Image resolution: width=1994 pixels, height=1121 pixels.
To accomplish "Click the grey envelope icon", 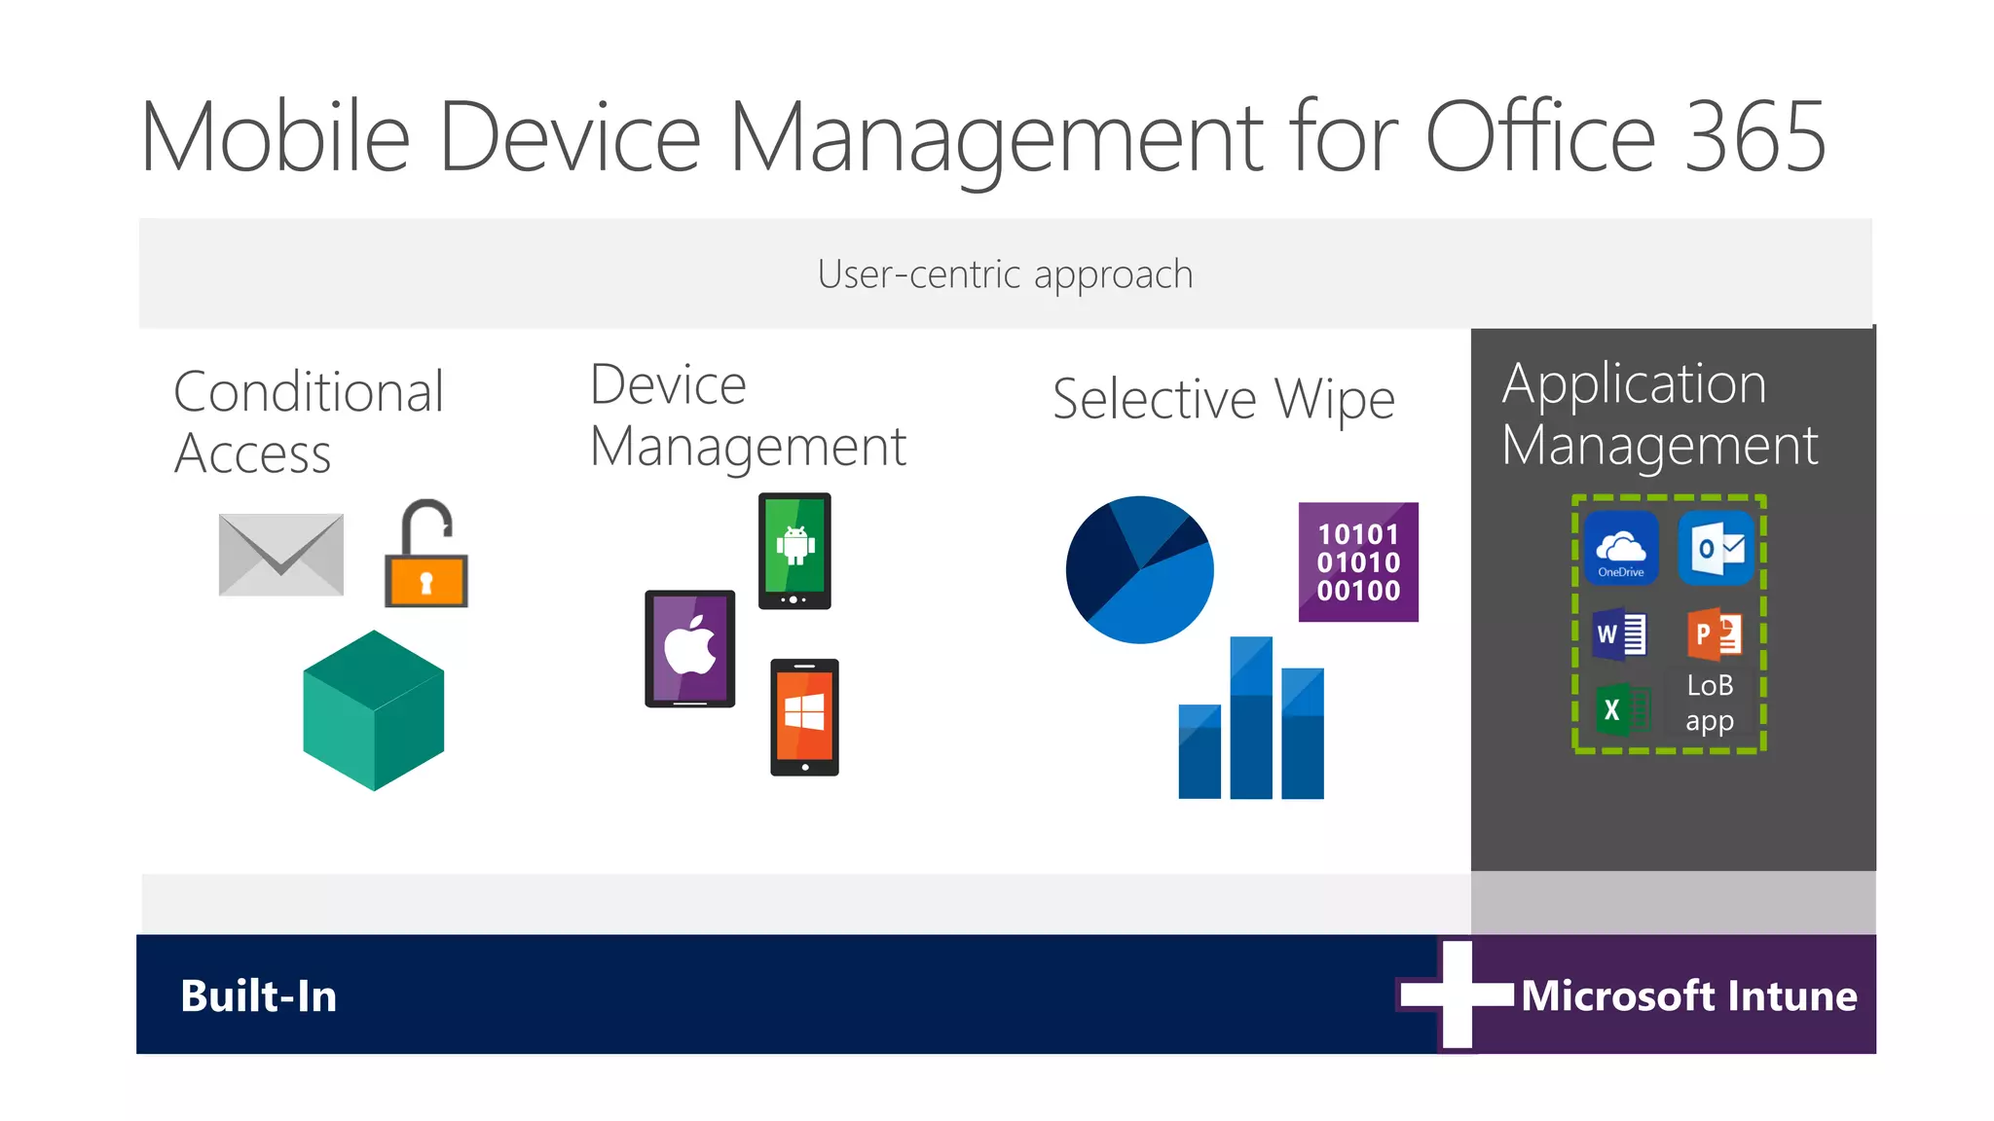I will coord(281,554).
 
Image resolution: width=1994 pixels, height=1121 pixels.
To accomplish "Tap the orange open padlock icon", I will coord(426,557).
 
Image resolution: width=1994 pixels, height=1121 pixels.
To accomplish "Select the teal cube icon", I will coord(374,710).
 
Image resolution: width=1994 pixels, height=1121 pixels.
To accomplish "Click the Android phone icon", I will coord(794,551).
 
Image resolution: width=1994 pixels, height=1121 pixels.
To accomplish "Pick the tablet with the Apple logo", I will coord(689,648).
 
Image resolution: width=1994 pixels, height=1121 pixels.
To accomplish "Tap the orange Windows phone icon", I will coord(804,717).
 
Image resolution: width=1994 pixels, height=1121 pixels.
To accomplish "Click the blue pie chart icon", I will coord(1140,570).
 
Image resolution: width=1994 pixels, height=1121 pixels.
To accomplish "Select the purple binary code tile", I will coord(1358,562).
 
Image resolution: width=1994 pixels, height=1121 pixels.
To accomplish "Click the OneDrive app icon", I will coord(1621,549).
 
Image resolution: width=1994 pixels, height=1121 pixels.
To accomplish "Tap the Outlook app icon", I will coord(1717,549).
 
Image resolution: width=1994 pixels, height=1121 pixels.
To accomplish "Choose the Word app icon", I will coord(1620,634).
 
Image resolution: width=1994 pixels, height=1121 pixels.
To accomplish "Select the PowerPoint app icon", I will coord(1714,634).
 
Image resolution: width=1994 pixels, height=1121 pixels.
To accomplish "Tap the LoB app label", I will coord(1710,703).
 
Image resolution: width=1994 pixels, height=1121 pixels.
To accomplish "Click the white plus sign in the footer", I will coord(1457,994).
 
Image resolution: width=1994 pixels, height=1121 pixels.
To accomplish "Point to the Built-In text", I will coord(259,996).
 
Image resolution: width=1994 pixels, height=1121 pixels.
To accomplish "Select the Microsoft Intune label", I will coord(1689,996).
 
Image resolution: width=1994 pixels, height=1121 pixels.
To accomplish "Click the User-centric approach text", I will coord(1005,274).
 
